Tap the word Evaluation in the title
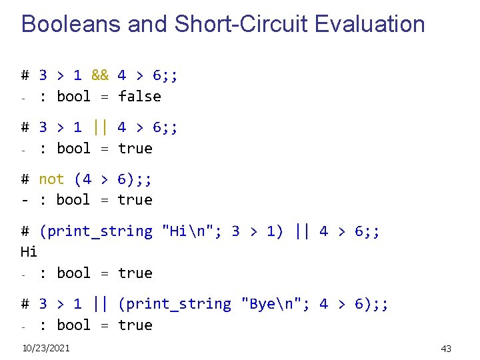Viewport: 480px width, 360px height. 369,24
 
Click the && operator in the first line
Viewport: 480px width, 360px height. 100,75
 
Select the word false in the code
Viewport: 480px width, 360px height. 139,97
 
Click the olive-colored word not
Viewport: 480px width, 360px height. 51,179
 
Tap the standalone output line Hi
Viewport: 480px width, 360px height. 29,252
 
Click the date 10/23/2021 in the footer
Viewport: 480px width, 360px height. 46,348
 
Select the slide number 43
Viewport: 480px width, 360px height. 446,349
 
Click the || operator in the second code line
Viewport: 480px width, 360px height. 100,127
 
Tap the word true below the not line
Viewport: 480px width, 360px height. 135,200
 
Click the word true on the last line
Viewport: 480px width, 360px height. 135,325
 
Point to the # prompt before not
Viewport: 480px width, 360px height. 25,179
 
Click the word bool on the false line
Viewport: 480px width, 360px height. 73,97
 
